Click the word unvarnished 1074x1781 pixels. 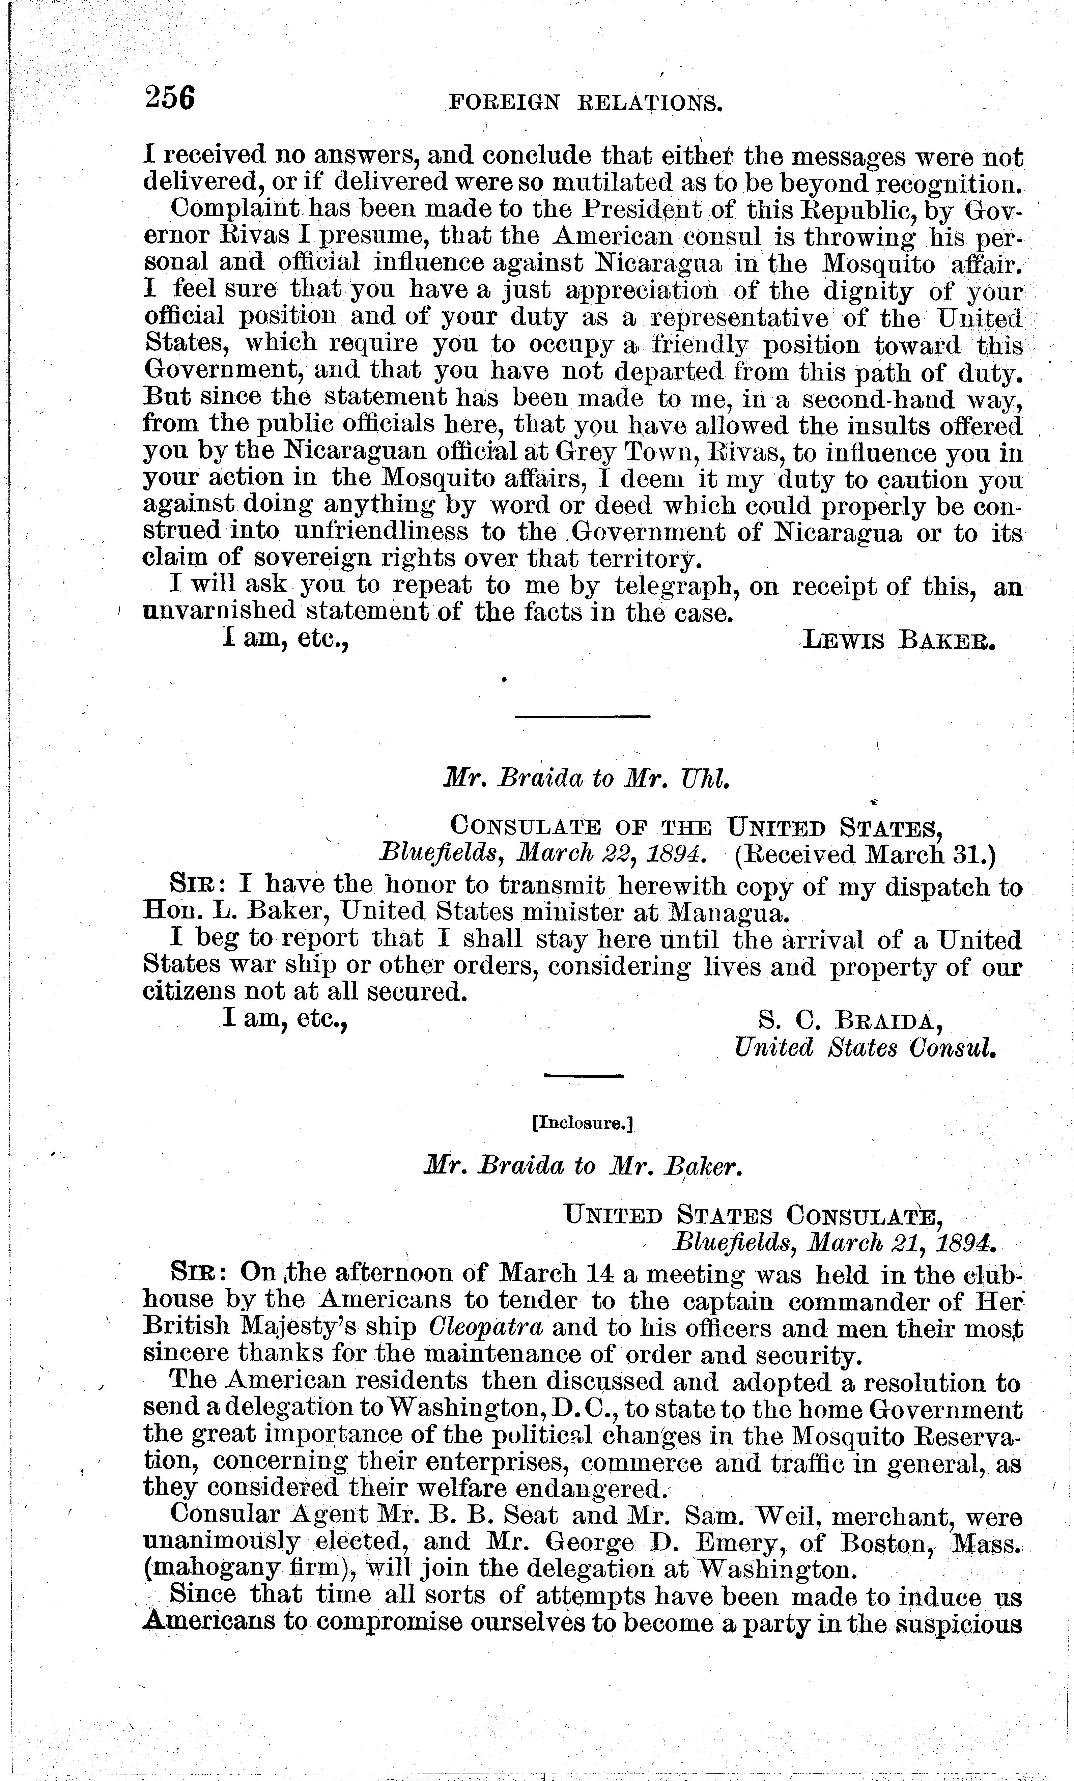pyautogui.click(x=218, y=612)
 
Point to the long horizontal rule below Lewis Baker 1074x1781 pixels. pyautogui.click(x=582, y=716)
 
